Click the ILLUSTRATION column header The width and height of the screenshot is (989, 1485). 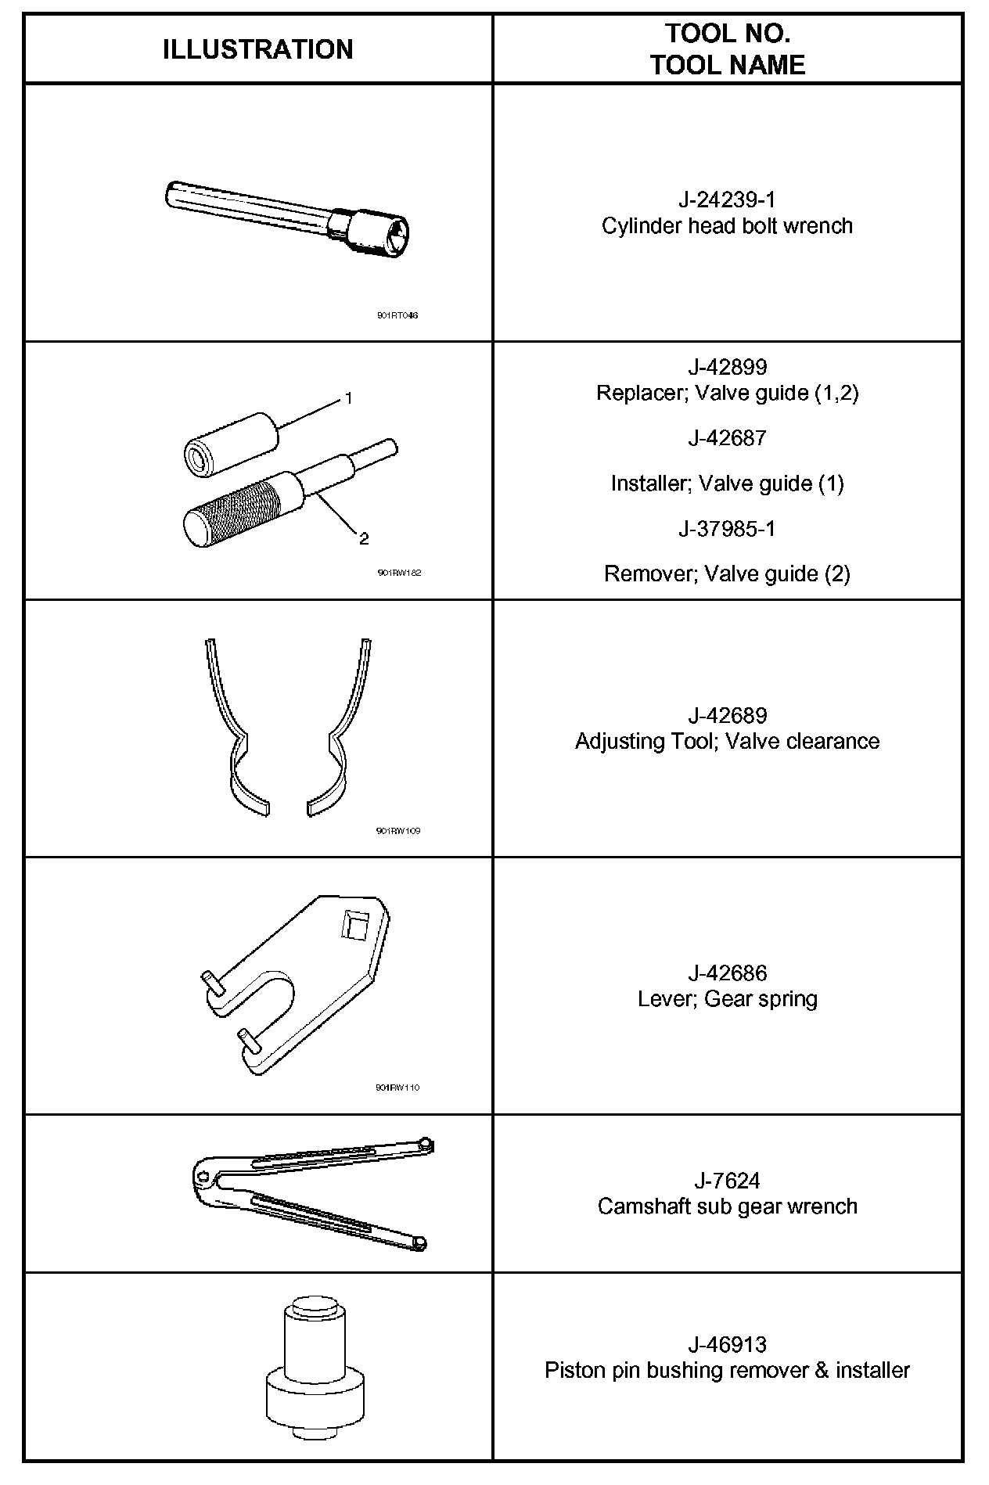pyautogui.click(x=257, y=49)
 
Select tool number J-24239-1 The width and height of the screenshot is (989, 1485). pyautogui.click(x=727, y=200)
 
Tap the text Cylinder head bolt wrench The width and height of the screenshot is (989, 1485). pyautogui.click(x=727, y=226)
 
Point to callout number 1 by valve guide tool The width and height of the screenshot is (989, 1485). pyautogui.click(x=348, y=398)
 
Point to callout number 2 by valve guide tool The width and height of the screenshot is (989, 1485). pyautogui.click(x=363, y=538)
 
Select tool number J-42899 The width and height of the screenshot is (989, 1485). pyautogui.click(x=727, y=366)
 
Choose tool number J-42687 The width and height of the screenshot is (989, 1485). pyautogui.click(x=727, y=438)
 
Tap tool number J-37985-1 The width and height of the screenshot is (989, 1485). pyautogui.click(x=727, y=529)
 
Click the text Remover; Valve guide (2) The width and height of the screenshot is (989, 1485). pyautogui.click(x=727, y=574)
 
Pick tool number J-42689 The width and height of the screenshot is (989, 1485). pyautogui.click(x=727, y=715)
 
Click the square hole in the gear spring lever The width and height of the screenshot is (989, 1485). pyautogui.click(x=354, y=926)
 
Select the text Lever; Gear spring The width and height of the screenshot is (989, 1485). pyautogui.click(x=727, y=999)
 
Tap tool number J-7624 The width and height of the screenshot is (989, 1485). pyautogui.click(x=727, y=1180)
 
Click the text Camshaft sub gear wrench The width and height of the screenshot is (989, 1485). pyautogui.click(x=727, y=1206)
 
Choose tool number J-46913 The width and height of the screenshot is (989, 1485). pyautogui.click(x=727, y=1344)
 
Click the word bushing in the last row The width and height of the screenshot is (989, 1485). pyautogui.click(x=685, y=1371)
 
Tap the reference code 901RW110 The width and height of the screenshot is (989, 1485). pyautogui.click(x=397, y=1088)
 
